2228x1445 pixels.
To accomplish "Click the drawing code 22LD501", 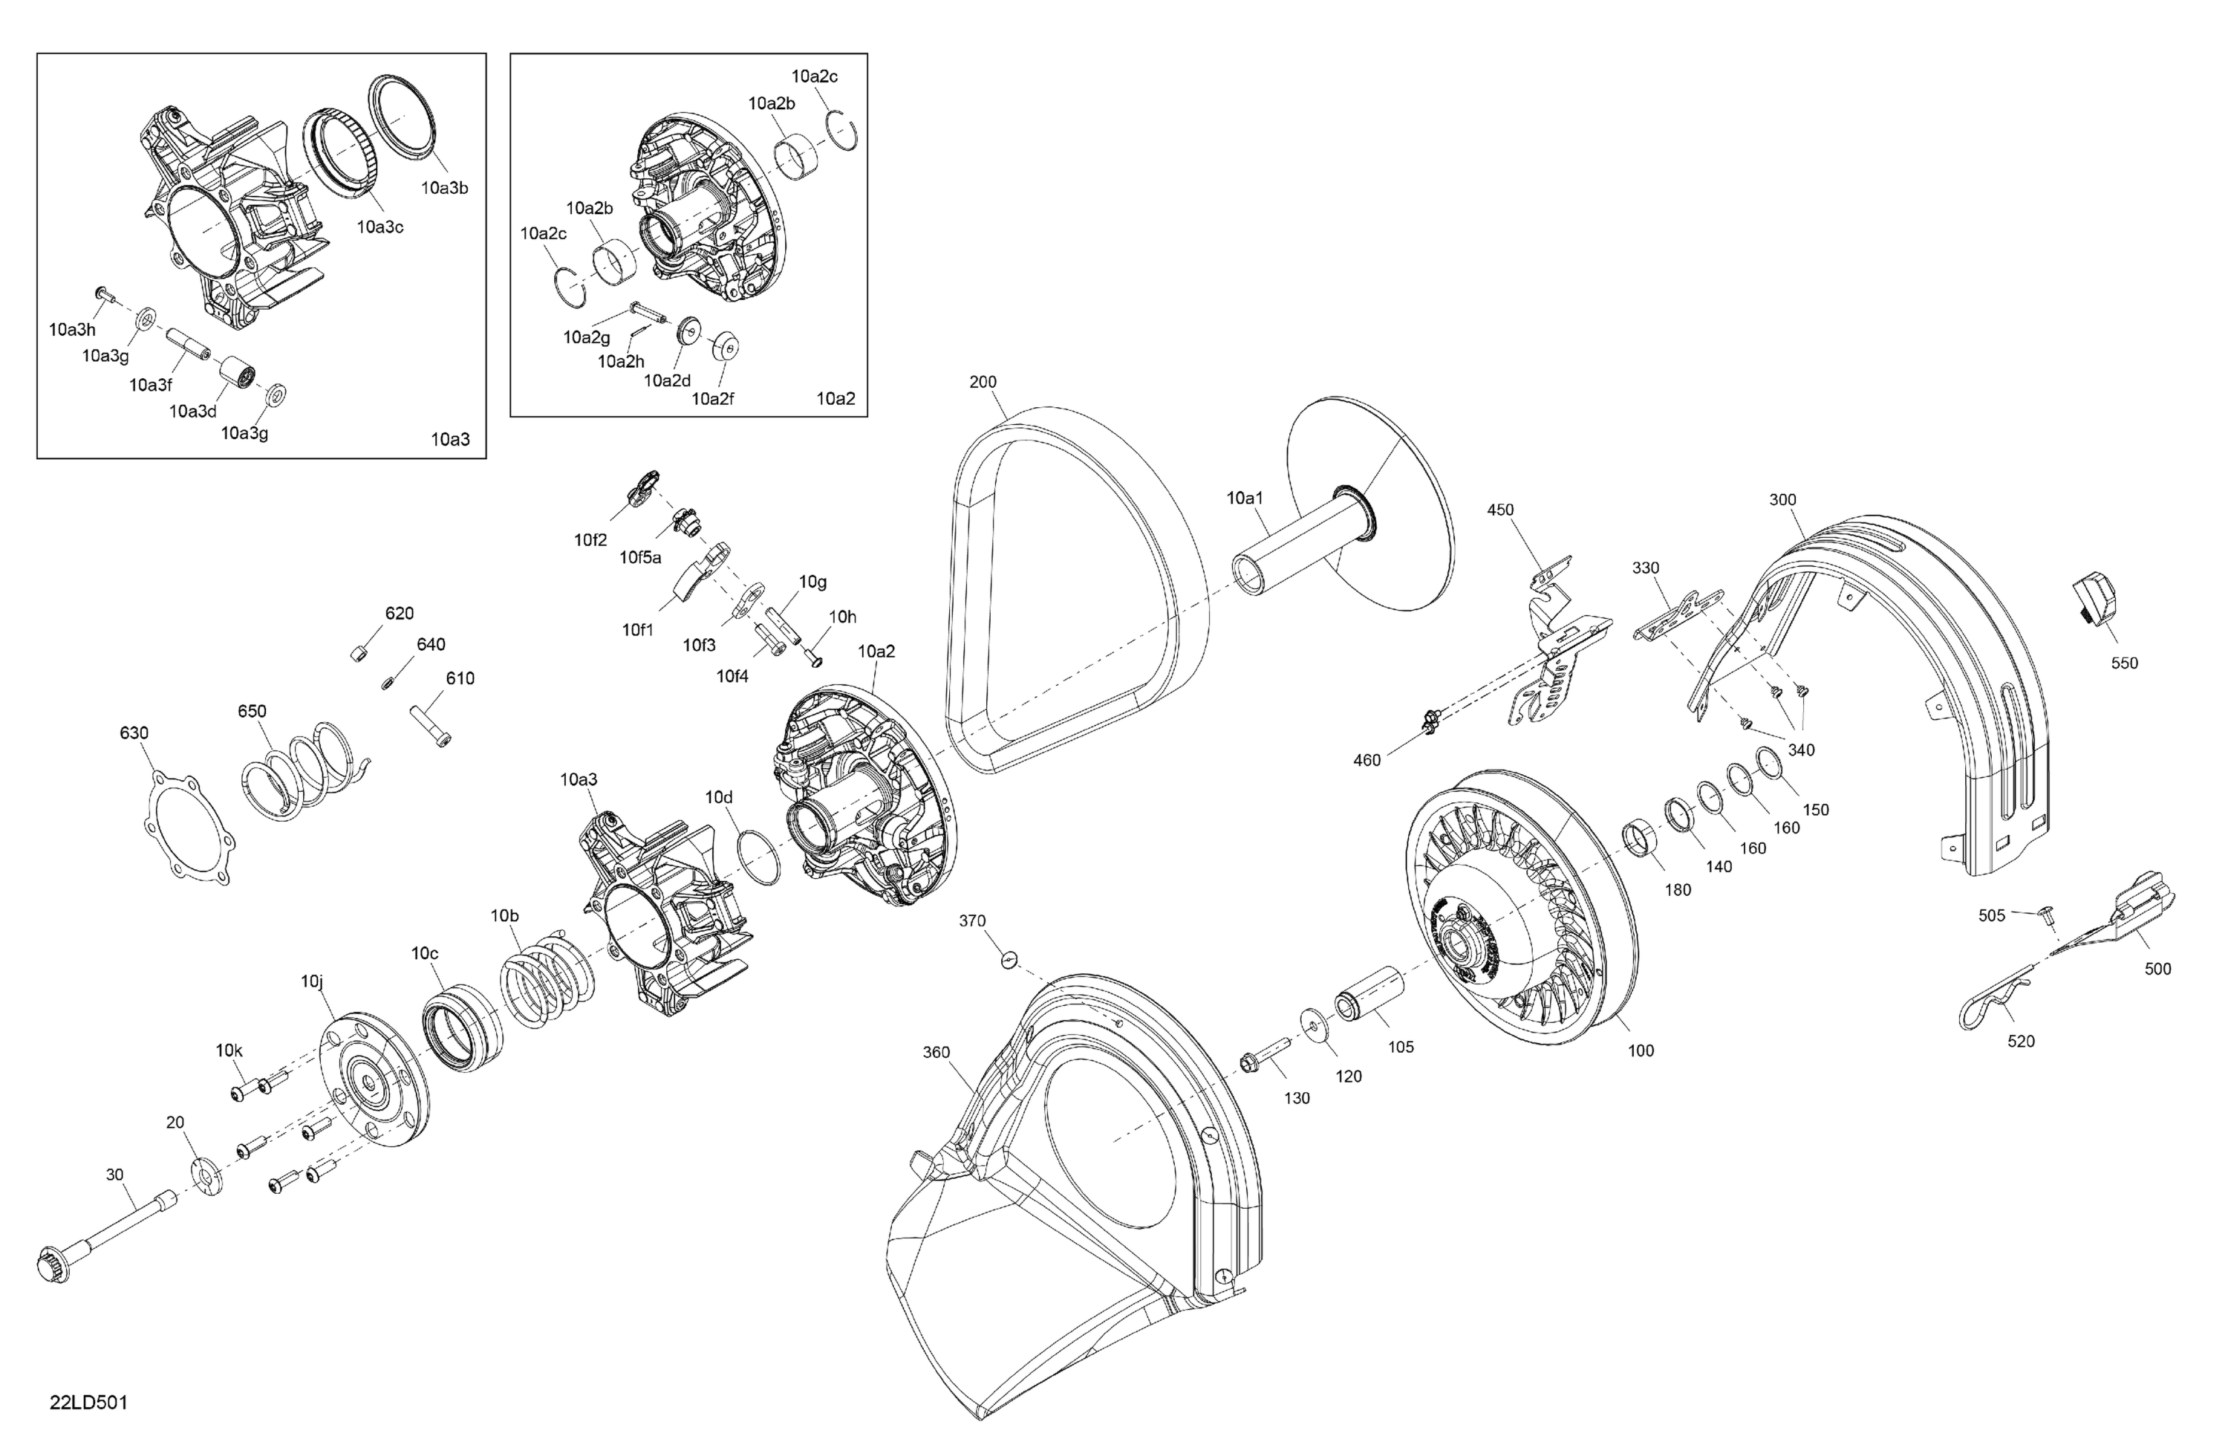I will (89, 1403).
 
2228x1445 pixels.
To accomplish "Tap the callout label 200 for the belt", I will (983, 382).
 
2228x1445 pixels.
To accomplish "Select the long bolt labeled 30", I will (103, 1237).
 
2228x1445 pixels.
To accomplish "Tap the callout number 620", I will (399, 614).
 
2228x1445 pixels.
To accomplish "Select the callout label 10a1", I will (1245, 499).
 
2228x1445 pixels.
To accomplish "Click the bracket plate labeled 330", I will (1678, 614).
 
